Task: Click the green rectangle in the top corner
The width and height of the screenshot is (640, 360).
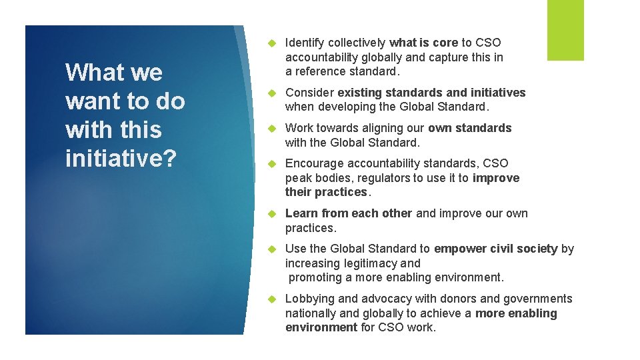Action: (x=565, y=30)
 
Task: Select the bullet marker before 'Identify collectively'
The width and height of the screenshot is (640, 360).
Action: (x=271, y=43)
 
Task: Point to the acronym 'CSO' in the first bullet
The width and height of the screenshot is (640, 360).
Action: (x=488, y=43)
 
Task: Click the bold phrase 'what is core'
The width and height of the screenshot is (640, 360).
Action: (x=424, y=43)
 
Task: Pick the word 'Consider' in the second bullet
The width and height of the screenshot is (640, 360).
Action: (x=309, y=93)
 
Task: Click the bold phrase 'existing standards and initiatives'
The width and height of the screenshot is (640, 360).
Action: (x=431, y=93)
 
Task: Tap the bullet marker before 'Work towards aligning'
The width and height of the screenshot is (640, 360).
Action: (x=271, y=128)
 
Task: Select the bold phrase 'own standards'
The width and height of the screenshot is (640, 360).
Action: (x=469, y=128)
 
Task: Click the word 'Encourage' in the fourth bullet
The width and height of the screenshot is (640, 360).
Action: (x=313, y=163)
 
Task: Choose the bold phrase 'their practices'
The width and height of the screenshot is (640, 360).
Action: (x=326, y=192)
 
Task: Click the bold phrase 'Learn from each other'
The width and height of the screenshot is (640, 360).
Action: (x=349, y=213)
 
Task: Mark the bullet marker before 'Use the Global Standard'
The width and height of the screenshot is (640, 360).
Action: (x=271, y=249)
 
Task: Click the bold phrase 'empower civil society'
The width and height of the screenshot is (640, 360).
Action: (x=495, y=249)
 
